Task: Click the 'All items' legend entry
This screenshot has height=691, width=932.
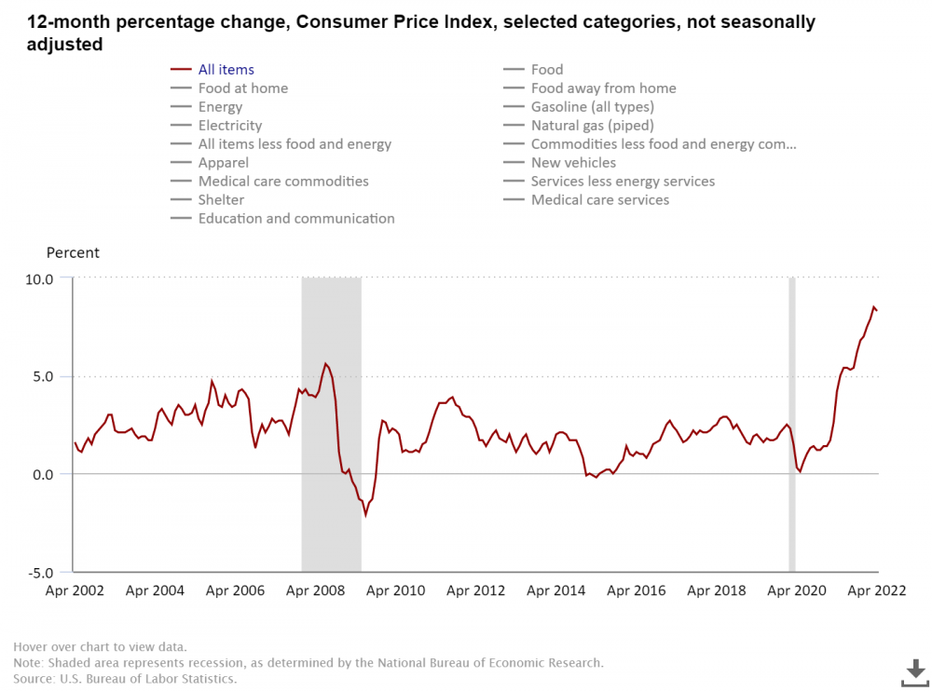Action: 226,70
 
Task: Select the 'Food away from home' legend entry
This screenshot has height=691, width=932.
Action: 603,88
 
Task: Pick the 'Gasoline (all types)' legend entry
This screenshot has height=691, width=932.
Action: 592,107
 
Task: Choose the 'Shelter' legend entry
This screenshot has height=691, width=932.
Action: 221,200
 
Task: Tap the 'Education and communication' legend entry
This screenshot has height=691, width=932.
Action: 295,219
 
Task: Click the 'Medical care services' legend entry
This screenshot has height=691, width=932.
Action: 599,200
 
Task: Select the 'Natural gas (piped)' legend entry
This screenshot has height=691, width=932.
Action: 592,126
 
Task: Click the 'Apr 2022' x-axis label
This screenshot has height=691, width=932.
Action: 876,590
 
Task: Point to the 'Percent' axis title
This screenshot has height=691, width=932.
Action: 73,253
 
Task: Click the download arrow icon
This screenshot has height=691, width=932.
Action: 915,670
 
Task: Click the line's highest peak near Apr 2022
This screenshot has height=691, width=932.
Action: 874,307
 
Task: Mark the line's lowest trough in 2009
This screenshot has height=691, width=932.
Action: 365,515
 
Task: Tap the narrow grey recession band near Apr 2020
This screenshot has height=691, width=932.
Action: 792,424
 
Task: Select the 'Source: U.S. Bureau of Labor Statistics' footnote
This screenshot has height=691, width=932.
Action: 125,679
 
